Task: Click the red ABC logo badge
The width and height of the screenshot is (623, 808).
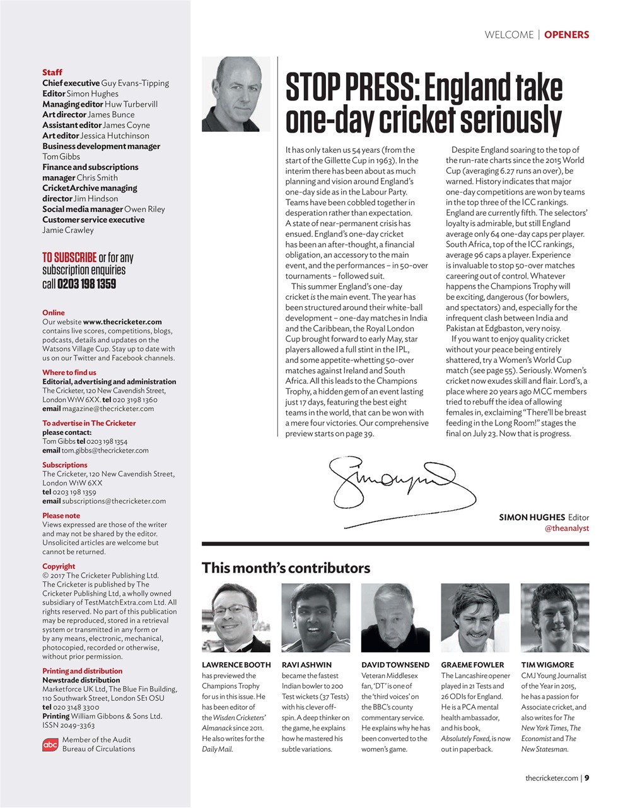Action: pos(50,745)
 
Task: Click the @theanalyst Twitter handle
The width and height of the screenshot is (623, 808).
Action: pos(566,528)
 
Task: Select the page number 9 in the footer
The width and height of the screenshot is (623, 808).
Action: pos(587,778)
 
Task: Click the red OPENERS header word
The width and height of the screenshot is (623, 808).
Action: pos(566,35)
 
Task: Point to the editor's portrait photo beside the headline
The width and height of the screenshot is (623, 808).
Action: pos(236,94)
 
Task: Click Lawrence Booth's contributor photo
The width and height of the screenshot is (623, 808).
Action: pos(236,617)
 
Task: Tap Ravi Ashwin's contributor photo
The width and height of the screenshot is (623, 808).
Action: pos(315,617)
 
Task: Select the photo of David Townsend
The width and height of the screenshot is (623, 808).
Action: pos(395,617)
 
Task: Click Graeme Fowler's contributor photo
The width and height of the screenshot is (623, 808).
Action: pos(475,617)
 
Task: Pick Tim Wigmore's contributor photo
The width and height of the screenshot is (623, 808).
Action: pos(555,617)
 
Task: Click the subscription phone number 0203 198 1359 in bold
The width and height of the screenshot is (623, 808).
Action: pos(86,284)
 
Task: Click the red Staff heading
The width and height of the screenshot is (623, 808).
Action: pos(52,73)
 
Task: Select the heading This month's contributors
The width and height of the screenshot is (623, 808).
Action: pos(286,568)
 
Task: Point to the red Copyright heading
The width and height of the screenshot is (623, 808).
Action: pos(59,566)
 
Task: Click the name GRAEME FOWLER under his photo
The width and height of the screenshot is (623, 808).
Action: pos(472,665)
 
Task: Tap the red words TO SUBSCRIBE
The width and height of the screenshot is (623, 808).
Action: pos(69,258)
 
